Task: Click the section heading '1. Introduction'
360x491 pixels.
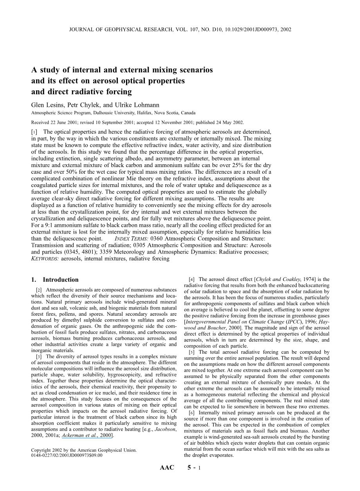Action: (x=55, y=280)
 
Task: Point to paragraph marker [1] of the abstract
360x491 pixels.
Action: (x=35, y=133)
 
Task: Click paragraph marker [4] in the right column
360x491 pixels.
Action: (x=192, y=279)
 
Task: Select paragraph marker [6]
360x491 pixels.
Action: (x=192, y=413)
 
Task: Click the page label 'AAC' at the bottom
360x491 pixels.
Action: (x=167, y=468)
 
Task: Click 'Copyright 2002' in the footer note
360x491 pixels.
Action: (x=48, y=450)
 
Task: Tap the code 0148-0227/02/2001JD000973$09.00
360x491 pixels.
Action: (x=67, y=455)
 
